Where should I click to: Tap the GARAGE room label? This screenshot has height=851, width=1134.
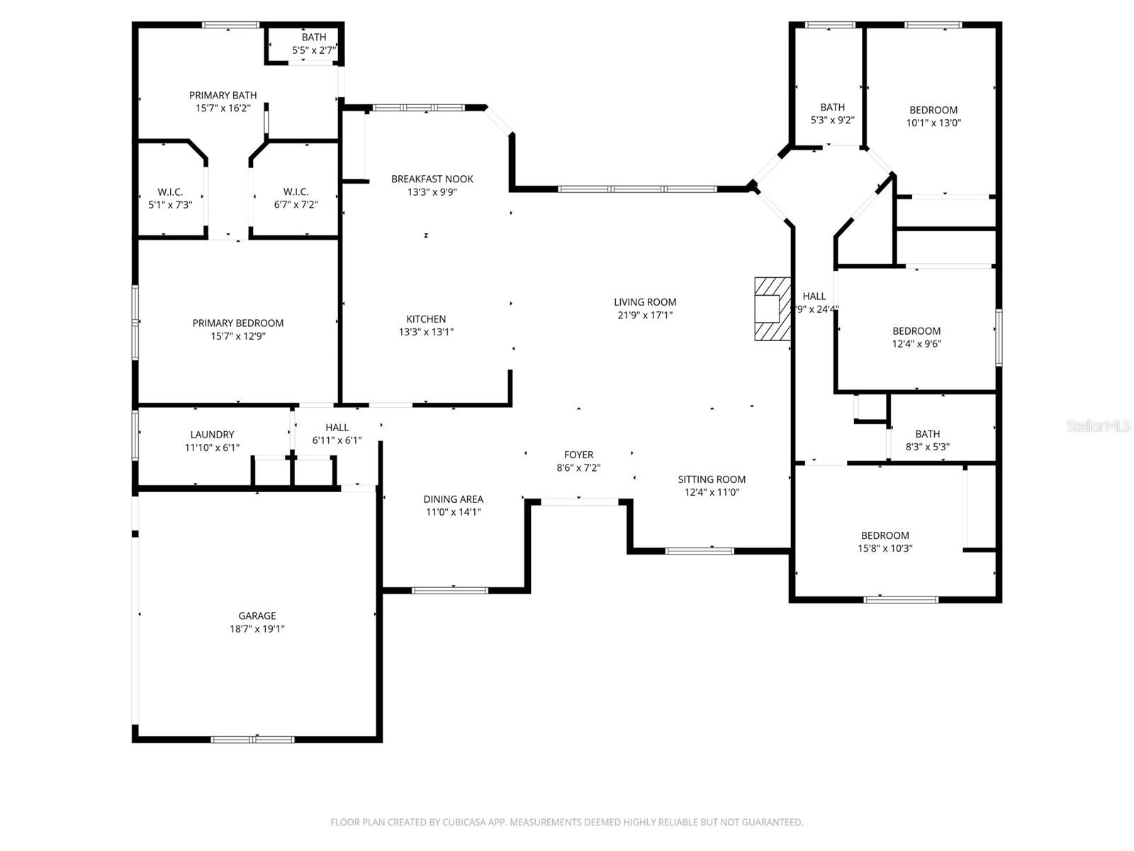[257, 616]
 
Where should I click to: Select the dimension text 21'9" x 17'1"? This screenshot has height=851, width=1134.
[644, 315]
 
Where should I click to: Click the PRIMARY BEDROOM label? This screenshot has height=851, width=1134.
[238, 323]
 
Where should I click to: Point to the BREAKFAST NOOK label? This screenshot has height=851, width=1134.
[432, 179]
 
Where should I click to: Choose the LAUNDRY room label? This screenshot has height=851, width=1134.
[212, 434]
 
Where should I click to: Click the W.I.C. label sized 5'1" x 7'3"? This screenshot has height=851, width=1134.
[170, 191]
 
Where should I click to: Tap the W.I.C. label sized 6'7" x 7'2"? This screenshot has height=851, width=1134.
[296, 191]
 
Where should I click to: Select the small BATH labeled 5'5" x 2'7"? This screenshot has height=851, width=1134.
[314, 37]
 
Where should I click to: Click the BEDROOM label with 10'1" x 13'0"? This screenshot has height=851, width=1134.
[933, 110]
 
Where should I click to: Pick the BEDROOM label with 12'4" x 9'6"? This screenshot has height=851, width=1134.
[916, 330]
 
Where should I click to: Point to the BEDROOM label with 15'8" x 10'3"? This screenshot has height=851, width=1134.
[885, 535]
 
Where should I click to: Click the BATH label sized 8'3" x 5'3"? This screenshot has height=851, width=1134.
[927, 434]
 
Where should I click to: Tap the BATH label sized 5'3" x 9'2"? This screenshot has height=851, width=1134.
[832, 107]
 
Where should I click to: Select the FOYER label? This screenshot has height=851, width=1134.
[578, 455]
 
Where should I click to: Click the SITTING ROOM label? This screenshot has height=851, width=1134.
[711, 479]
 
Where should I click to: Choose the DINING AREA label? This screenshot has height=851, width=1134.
[453, 499]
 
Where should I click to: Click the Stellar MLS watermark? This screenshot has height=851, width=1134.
[1099, 426]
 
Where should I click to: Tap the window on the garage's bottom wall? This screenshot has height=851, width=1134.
[253, 740]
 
